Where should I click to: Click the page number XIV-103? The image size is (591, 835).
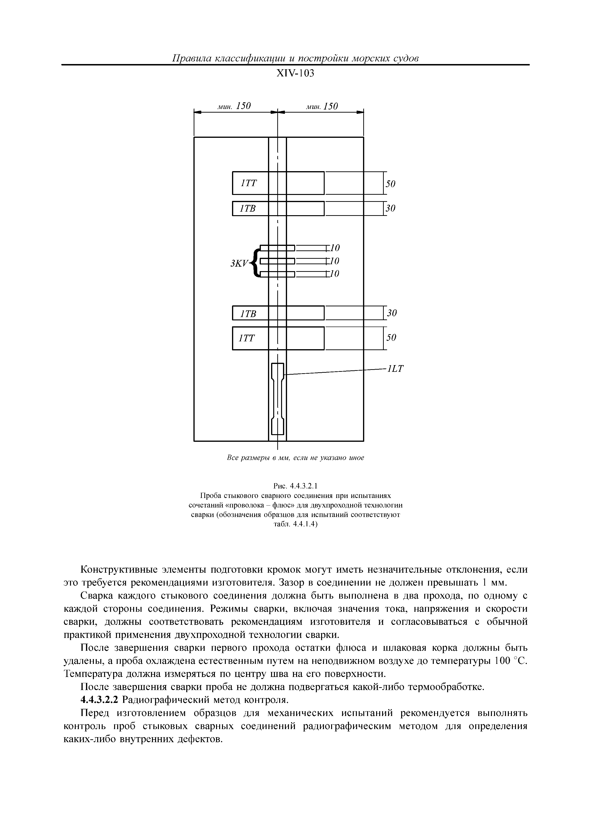click(x=295, y=74)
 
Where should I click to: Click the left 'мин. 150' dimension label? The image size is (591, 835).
click(x=234, y=106)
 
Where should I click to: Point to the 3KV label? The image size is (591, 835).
click(x=238, y=263)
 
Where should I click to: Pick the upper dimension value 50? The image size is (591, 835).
click(x=390, y=184)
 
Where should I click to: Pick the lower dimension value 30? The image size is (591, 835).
click(x=392, y=313)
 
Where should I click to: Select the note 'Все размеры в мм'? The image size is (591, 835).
click(x=295, y=458)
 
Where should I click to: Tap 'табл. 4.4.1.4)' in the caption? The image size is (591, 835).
click(x=295, y=524)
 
